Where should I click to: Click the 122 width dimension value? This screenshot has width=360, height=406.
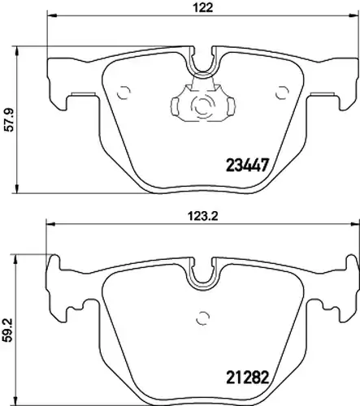coord(203,7)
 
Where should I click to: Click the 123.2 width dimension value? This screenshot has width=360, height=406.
coord(203,216)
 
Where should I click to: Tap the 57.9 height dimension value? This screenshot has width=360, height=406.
coord(10,119)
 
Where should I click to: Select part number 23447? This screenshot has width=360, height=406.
coord(247,165)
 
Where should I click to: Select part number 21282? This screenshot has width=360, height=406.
coord(247,378)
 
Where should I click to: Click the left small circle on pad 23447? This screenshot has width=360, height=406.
coord(124,93)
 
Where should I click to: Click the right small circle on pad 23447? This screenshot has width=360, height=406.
coord(282,93)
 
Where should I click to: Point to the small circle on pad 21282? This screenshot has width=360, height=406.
coord(203,318)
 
